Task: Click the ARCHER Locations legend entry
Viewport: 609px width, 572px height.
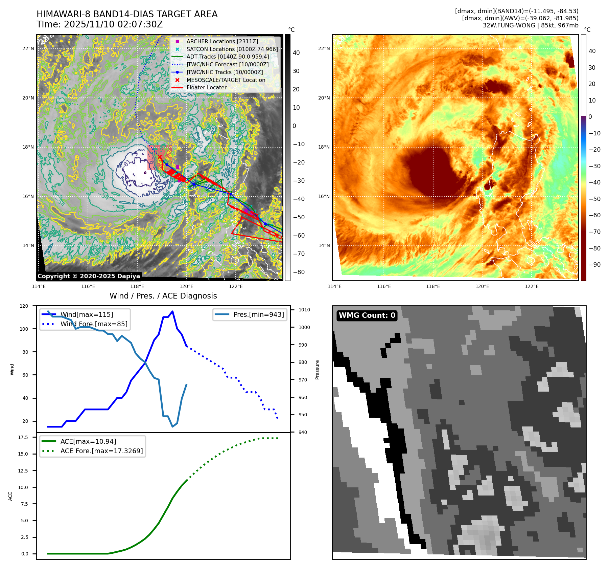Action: pos(222,41)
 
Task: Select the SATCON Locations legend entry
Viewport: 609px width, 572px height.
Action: pos(232,49)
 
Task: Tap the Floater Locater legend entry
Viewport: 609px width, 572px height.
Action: pos(206,87)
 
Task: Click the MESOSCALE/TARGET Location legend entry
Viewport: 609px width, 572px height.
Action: pos(226,80)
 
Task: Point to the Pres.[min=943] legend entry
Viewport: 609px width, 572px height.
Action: pos(258,314)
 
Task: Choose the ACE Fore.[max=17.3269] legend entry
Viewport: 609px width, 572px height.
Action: pos(101,451)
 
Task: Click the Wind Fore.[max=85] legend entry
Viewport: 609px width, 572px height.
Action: pos(94,324)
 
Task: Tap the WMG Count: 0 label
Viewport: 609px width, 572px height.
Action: pos(367,315)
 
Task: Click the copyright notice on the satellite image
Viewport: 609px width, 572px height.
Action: pos(89,276)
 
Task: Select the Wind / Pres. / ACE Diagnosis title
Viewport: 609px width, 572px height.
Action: pos(163,296)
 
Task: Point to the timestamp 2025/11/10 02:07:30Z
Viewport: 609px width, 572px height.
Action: pos(113,24)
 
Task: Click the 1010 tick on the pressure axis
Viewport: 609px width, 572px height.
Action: pos(304,310)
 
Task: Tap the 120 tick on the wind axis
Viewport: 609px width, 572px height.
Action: pos(24,306)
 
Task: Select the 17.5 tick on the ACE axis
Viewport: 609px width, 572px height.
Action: pos(23,437)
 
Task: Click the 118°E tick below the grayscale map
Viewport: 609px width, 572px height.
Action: pos(137,286)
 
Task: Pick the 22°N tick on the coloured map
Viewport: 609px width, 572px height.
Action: pos(324,48)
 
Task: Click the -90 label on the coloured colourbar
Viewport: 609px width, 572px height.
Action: pos(594,265)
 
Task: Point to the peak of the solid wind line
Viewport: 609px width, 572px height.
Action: pos(172,311)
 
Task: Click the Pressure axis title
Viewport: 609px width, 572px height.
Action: pos(317,370)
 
